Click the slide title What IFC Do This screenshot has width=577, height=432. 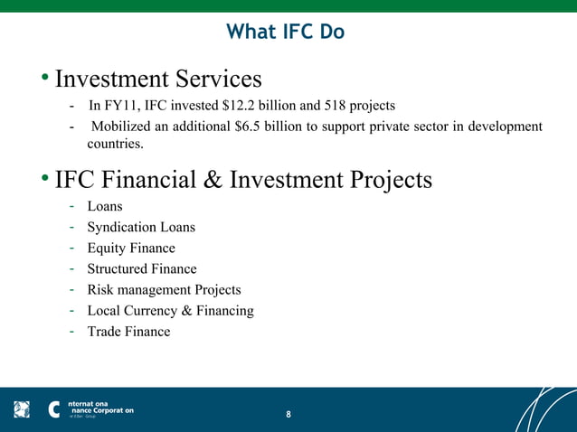click(285, 32)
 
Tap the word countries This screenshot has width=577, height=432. click(115, 144)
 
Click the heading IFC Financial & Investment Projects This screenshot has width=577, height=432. click(243, 180)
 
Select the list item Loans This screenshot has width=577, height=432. click(105, 207)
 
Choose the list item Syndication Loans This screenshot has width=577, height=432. click(141, 228)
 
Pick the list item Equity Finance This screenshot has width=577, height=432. click(131, 249)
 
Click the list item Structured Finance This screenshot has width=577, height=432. click(142, 269)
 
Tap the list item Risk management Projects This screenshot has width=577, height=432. click(164, 290)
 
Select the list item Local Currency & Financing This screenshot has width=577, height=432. click(170, 311)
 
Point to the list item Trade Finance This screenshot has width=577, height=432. click(128, 332)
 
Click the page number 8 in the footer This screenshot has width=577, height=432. click(288, 414)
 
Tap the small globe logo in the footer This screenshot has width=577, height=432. click(22, 409)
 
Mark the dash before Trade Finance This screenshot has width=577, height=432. click(71, 332)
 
